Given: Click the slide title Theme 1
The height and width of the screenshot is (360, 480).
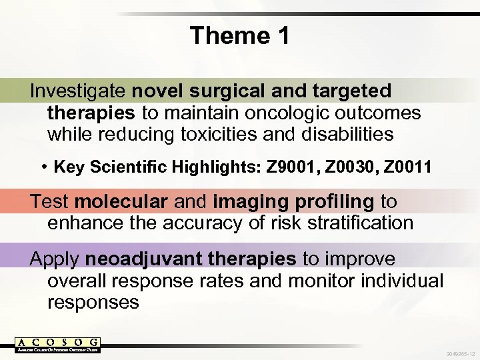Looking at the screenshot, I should tap(239, 35).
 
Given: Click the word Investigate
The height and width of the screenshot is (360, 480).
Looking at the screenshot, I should tap(79, 91).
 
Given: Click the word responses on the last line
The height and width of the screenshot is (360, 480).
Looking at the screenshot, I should tap(93, 302).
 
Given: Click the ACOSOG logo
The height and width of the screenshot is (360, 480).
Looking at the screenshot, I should tap(57, 345).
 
